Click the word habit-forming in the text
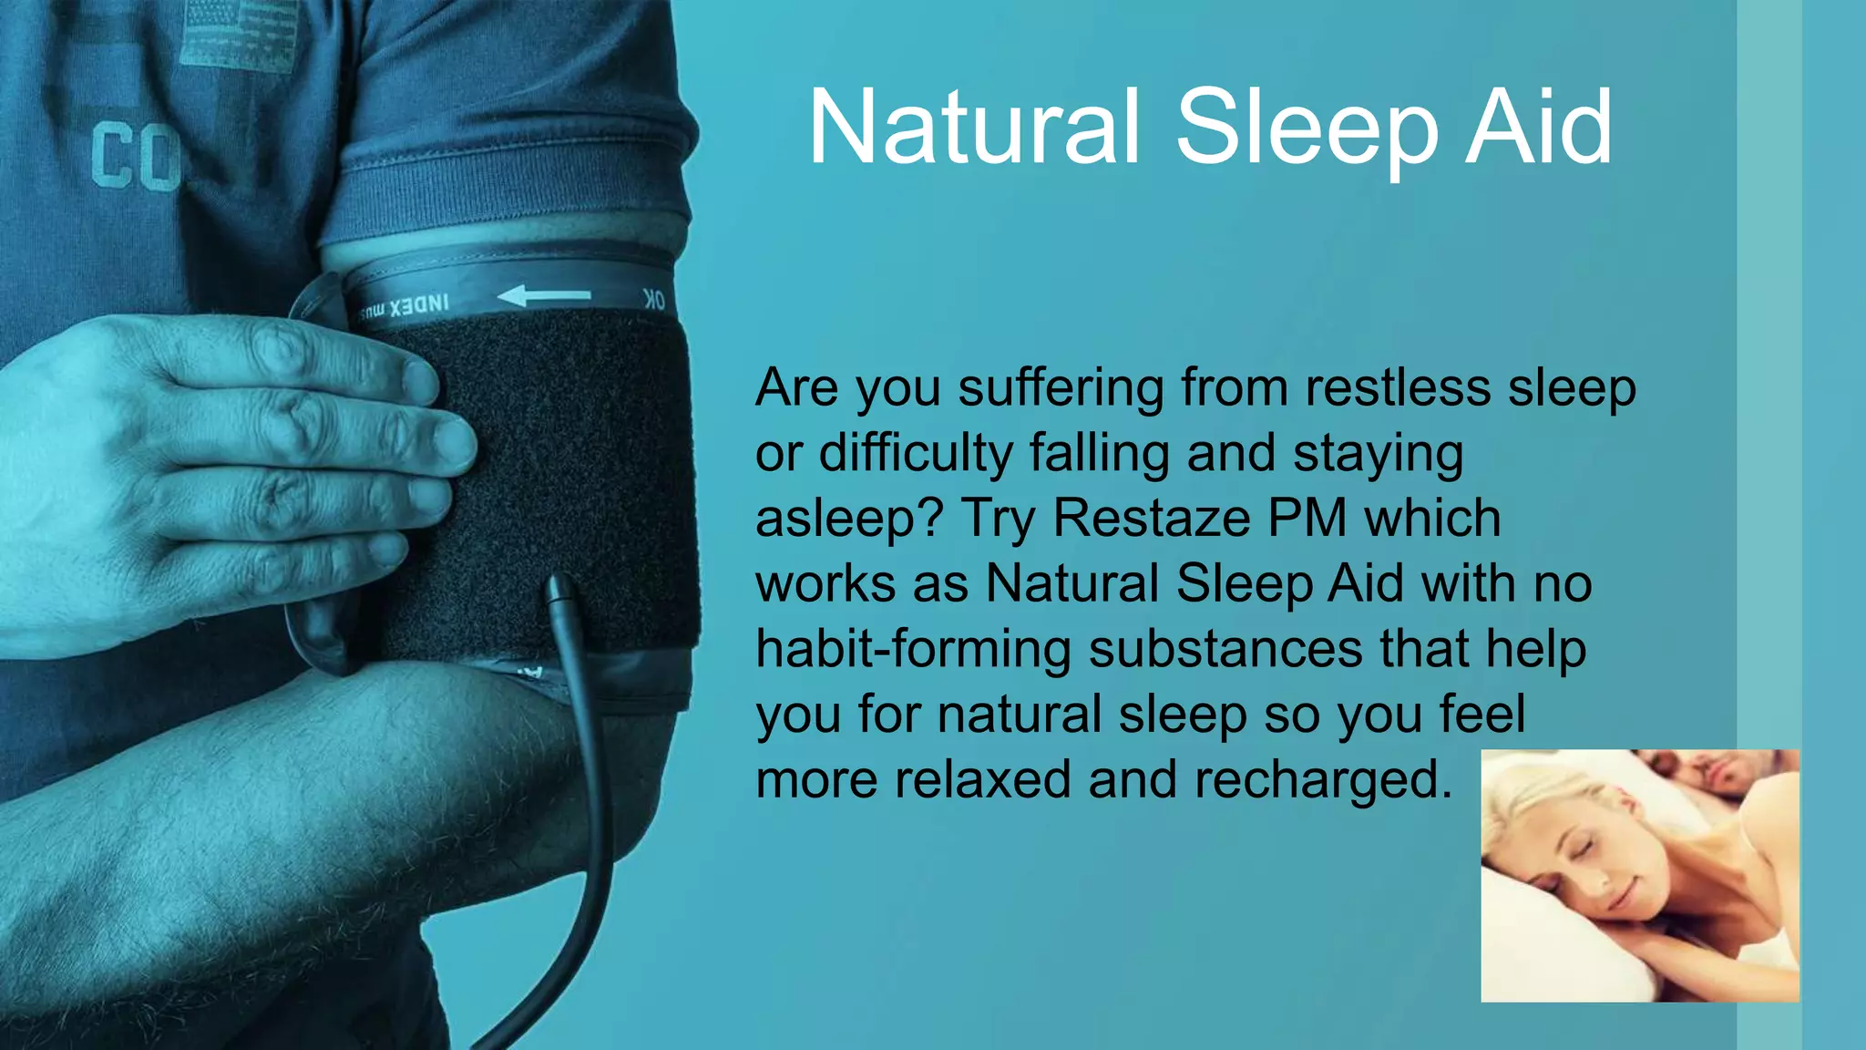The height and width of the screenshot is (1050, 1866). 913,649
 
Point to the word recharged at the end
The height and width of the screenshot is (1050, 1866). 1321,780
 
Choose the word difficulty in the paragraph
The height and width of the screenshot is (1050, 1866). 916,453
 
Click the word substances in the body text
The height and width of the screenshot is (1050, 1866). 1225,649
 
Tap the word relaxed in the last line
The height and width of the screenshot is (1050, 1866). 982,780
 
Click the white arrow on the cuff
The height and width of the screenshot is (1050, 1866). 544,295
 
